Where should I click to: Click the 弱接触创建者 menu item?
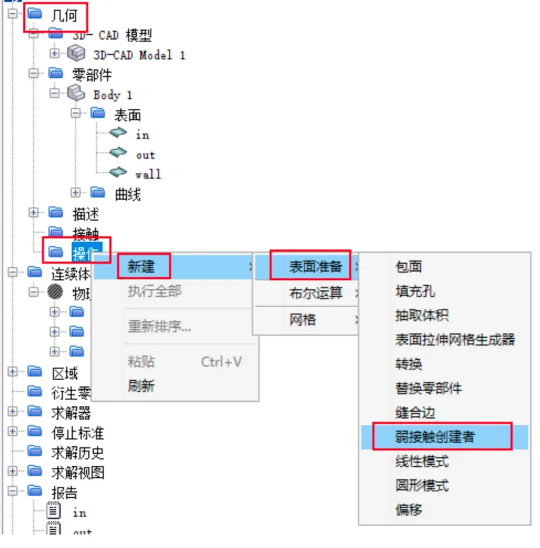(434, 437)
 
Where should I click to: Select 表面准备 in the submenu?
(315, 266)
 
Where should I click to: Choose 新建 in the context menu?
(141, 266)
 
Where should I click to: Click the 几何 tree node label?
(64, 16)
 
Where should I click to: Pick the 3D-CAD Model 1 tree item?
(139, 55)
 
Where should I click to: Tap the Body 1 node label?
(112, 95)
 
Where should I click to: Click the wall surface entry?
(148, 175)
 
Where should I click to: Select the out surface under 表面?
(145, 155)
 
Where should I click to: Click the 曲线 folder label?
(128, 195)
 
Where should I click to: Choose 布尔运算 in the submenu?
(315, 293)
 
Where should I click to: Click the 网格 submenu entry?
(302, 319)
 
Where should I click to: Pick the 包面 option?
(408, 266)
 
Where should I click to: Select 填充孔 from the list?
(415, 291)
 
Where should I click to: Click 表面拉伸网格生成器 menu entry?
(455, 340)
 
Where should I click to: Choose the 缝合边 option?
(415, 413)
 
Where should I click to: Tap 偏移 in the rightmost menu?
(408, 510)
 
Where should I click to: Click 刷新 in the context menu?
(141, 386)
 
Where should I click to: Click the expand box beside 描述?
(33, 213)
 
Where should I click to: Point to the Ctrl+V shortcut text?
(221, 362)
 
